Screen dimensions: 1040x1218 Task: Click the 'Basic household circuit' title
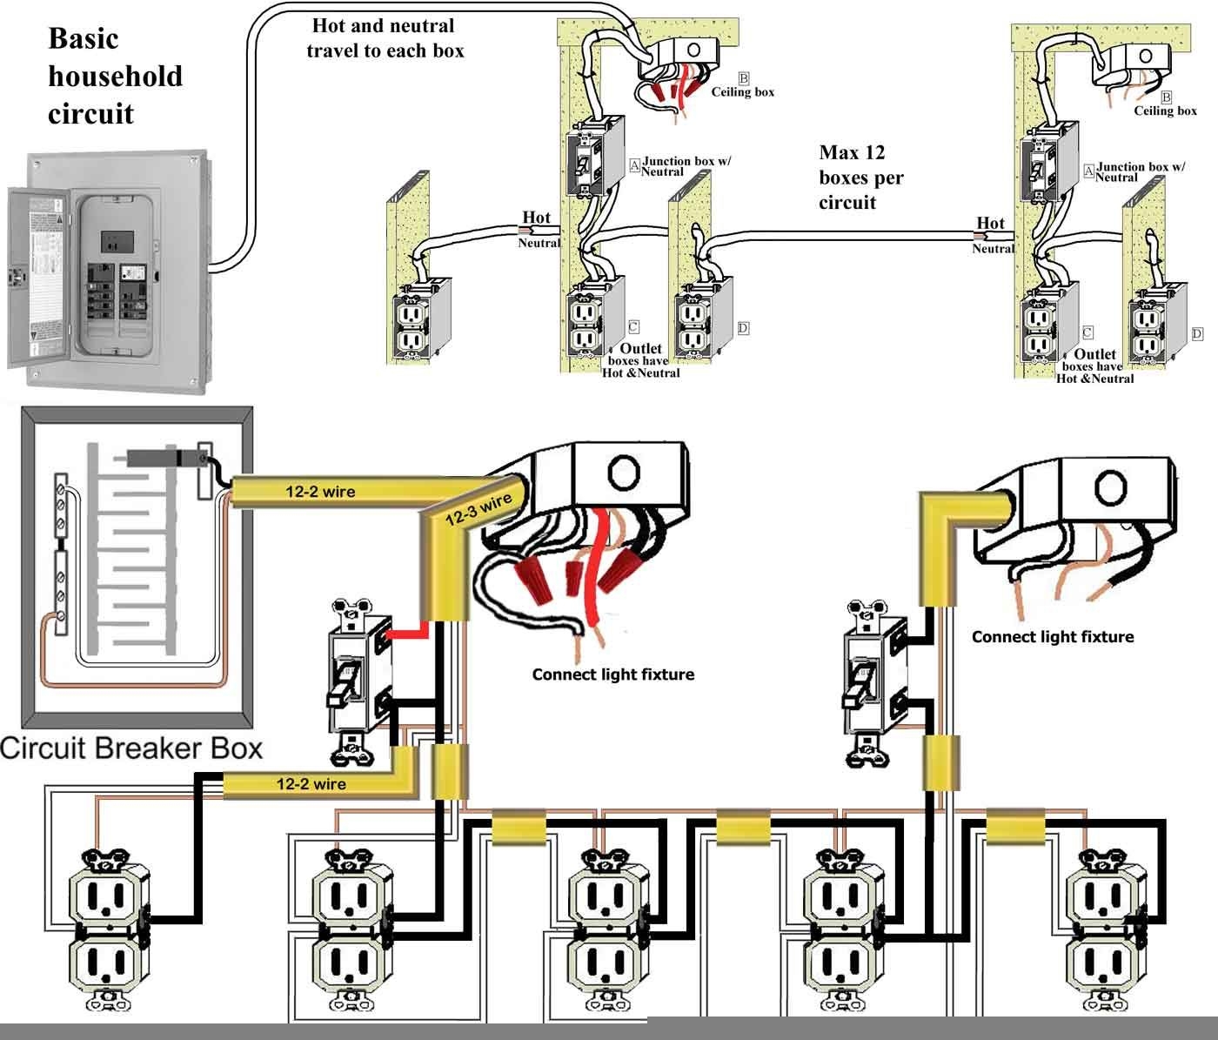[x=115, y=76]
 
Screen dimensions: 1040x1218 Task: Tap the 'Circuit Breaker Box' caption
[x=131, y=748]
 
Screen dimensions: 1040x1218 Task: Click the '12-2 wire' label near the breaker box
[x=320, y=492]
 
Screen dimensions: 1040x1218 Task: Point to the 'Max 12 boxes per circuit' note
[x=860, y=178]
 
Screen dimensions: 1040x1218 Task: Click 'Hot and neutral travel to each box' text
[x=385, y=38]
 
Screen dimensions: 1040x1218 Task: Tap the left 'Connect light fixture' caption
[x=612, y=674]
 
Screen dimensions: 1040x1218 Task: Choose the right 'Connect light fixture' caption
[x=1052, y=637]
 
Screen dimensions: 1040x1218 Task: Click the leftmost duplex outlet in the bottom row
[x=110, y=928]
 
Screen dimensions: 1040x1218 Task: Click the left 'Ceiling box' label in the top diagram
[x=742, y=92]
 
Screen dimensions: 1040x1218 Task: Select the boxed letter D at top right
[x=1197, y=334]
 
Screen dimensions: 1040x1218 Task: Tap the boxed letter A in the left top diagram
[x=635, y=164]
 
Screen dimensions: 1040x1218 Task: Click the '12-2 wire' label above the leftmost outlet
[x=311, y=784]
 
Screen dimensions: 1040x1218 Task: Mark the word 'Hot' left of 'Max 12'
[x=536, y=218]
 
